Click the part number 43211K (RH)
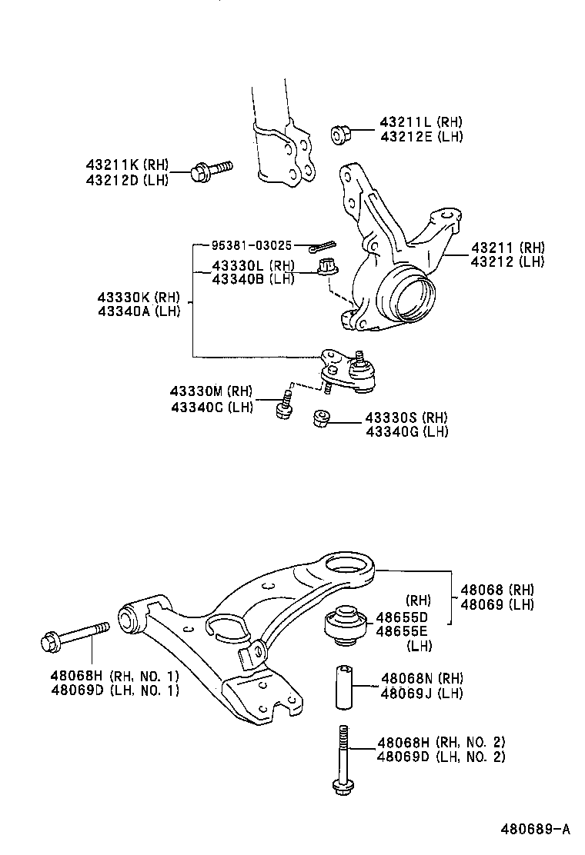click(125, 165)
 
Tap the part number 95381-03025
click(252, 245)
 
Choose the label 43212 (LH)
click(507, 261)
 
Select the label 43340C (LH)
click(212, 407)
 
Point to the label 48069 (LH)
click(497, 604)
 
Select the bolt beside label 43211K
click(209, 170)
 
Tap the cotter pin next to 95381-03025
click(322, 246)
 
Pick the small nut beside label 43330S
click(321, 419)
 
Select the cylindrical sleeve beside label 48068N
click(344, 687)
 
